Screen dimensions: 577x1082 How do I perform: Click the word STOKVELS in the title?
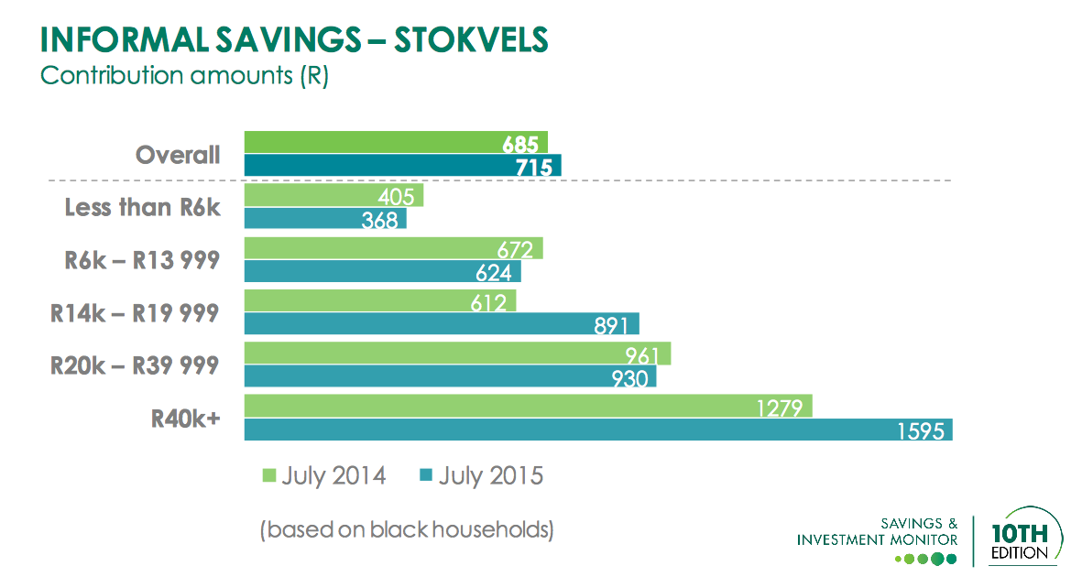(x=471, y=39)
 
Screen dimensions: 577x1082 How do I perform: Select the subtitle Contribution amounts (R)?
(x=183, y=75)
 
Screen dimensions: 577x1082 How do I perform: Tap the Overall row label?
(x=178, y=155)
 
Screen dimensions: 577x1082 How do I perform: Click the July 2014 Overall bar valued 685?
(x=396, y=143)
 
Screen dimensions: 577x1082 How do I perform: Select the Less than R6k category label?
(x=143, y=208)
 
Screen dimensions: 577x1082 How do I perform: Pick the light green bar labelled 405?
(x=333, y=196)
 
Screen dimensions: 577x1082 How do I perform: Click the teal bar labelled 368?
(x=324, y=219)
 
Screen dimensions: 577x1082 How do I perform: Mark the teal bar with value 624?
(x=382, y=272)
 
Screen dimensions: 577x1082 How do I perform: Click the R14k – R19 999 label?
(x=135, y=313)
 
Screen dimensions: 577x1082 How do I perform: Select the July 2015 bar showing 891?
(x=441, y=324)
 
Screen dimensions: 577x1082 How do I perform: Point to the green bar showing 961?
(x=457, y=354)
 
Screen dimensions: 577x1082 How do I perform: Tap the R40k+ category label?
(x=186, y=419)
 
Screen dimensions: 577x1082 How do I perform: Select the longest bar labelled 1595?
(x=597, y=430)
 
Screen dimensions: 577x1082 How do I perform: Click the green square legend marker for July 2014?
(x=269, y=476)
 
